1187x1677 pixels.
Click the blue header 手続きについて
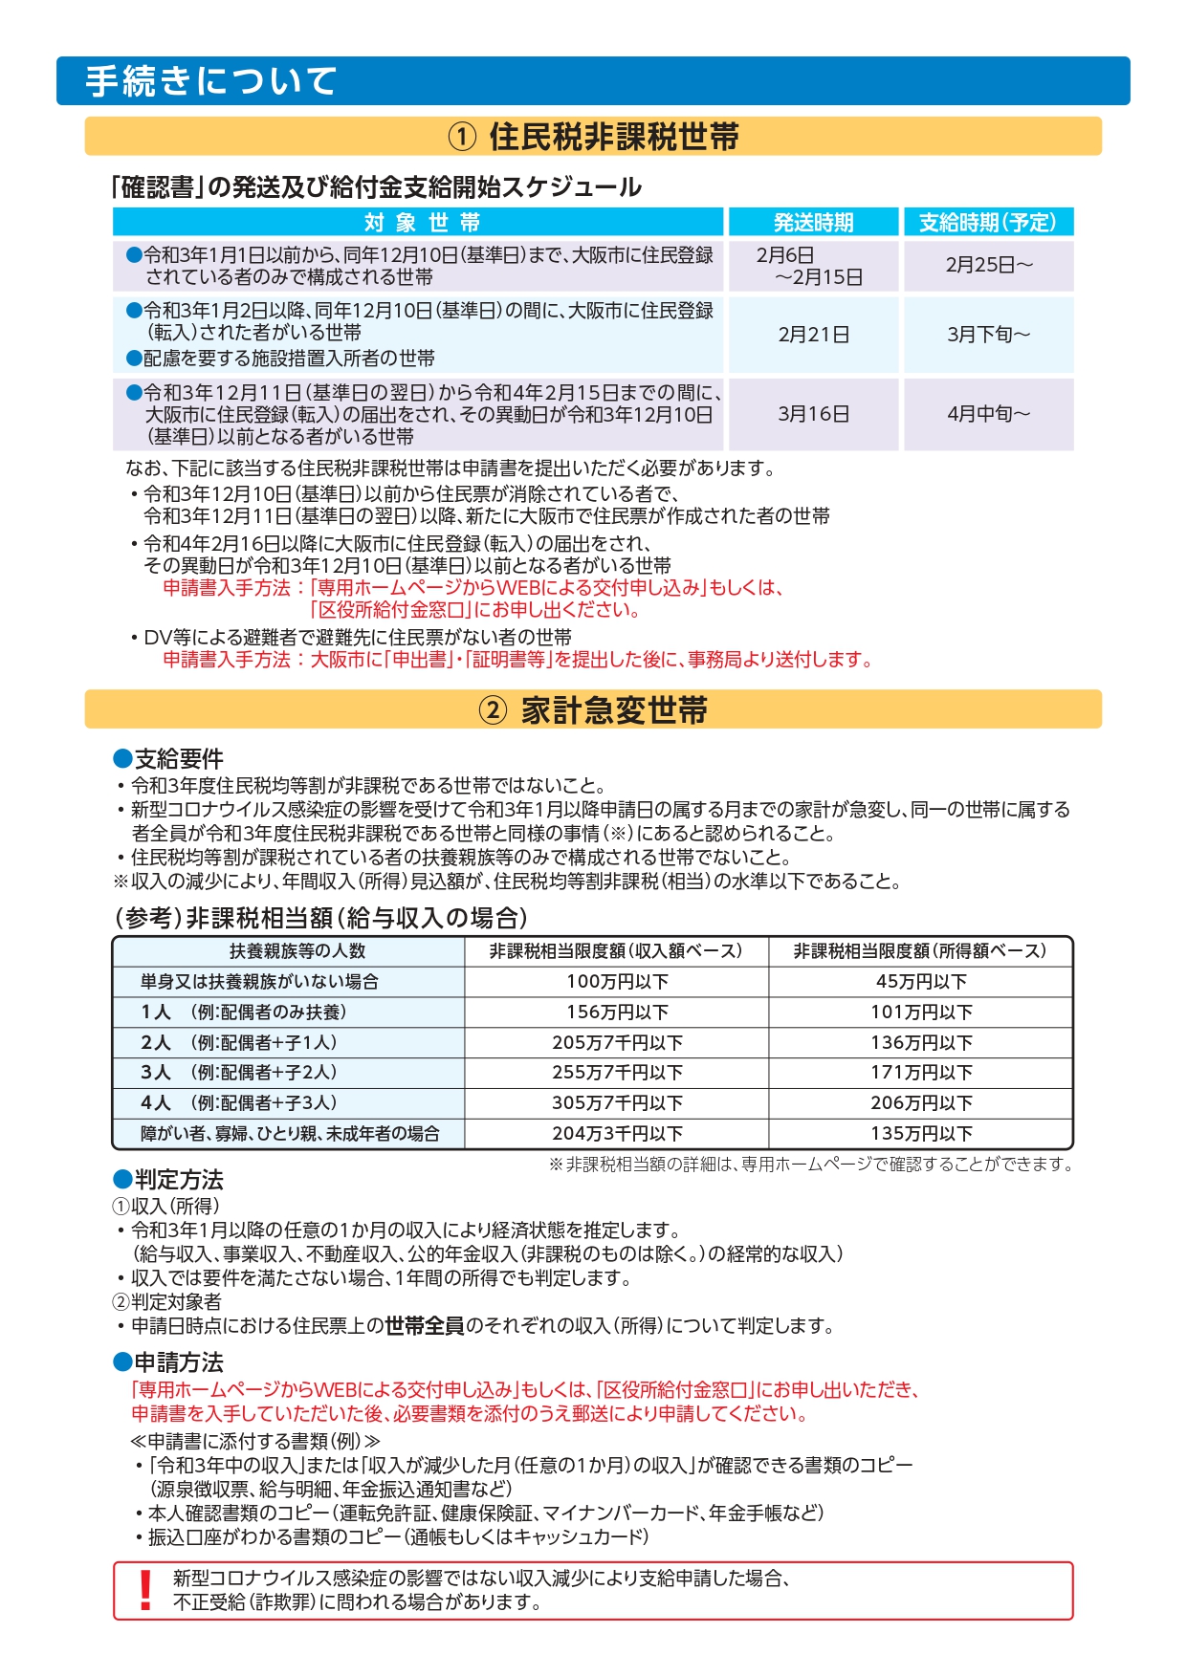click(211, 81)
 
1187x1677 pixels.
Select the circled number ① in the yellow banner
click(462, 137)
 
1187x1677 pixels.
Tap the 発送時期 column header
click(813, 223)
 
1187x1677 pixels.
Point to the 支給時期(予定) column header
click(988, 223)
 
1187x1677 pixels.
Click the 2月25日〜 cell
click(988, 265)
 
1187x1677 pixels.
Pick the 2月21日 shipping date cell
click(813, 335)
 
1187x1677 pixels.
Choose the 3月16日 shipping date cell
click(813, 414)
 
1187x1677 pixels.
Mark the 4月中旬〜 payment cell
click(988, 414)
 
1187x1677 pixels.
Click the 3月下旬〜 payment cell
click(988, 335)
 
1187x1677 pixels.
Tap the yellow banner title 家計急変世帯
click(614, 710)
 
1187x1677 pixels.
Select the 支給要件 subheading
click(178, 759)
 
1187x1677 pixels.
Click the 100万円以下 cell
click(617, 982)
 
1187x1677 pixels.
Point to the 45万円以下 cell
click(921, 982)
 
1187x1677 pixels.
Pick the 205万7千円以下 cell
click(617, 1043)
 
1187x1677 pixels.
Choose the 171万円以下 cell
click(921, 1073)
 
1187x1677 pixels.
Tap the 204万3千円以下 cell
click(617, 1134)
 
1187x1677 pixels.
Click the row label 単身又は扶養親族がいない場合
click(259, 982)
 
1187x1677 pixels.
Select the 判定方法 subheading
click(178, 1180)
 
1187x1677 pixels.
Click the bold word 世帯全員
click(425, 1326)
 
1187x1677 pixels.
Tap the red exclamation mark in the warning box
click(145, 1590)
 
